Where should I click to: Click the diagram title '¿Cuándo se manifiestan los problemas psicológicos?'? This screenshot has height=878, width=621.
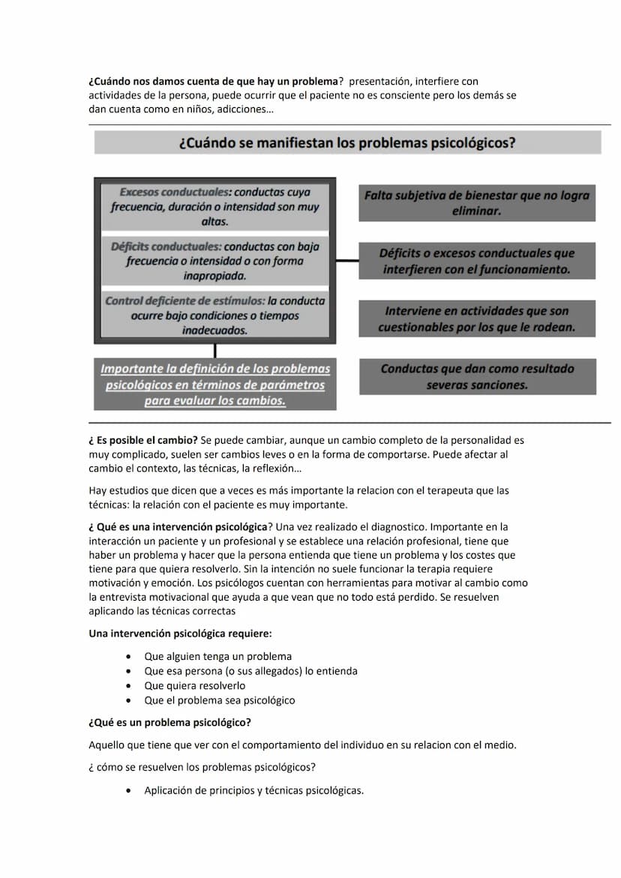(347, 142)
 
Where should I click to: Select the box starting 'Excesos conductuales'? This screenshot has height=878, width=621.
(215, 206)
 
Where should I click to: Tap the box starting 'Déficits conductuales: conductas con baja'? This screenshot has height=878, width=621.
(215, 260)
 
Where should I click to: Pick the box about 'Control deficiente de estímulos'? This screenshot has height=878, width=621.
(215, 315)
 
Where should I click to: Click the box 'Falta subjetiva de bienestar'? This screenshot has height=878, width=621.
(477, 203)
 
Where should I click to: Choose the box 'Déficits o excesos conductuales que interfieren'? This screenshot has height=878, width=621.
(477, 261)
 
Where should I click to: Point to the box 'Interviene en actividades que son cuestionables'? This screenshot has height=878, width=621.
(477, 319)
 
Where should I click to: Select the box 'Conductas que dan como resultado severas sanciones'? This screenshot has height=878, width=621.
(477, 376)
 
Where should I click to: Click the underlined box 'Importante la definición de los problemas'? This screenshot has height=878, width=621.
(215, 384)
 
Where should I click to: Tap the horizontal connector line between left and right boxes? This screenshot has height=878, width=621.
(347, 261)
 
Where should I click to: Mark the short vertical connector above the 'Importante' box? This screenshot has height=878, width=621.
(215, 350)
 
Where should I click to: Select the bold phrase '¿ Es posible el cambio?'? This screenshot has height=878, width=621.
(142, 440)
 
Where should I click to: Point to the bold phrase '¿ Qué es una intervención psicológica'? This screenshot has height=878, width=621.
(178, 526)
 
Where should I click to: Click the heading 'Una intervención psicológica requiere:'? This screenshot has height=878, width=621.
(180, 634)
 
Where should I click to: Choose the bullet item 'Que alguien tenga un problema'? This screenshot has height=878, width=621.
(217, 656)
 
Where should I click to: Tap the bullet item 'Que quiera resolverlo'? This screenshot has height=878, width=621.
(194, 685)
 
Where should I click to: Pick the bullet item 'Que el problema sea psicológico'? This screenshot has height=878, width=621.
(219, 700)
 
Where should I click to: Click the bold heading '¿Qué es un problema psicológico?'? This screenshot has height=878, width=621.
(169, 723)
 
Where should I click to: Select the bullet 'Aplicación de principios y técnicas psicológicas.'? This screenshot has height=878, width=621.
(253, 790)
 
